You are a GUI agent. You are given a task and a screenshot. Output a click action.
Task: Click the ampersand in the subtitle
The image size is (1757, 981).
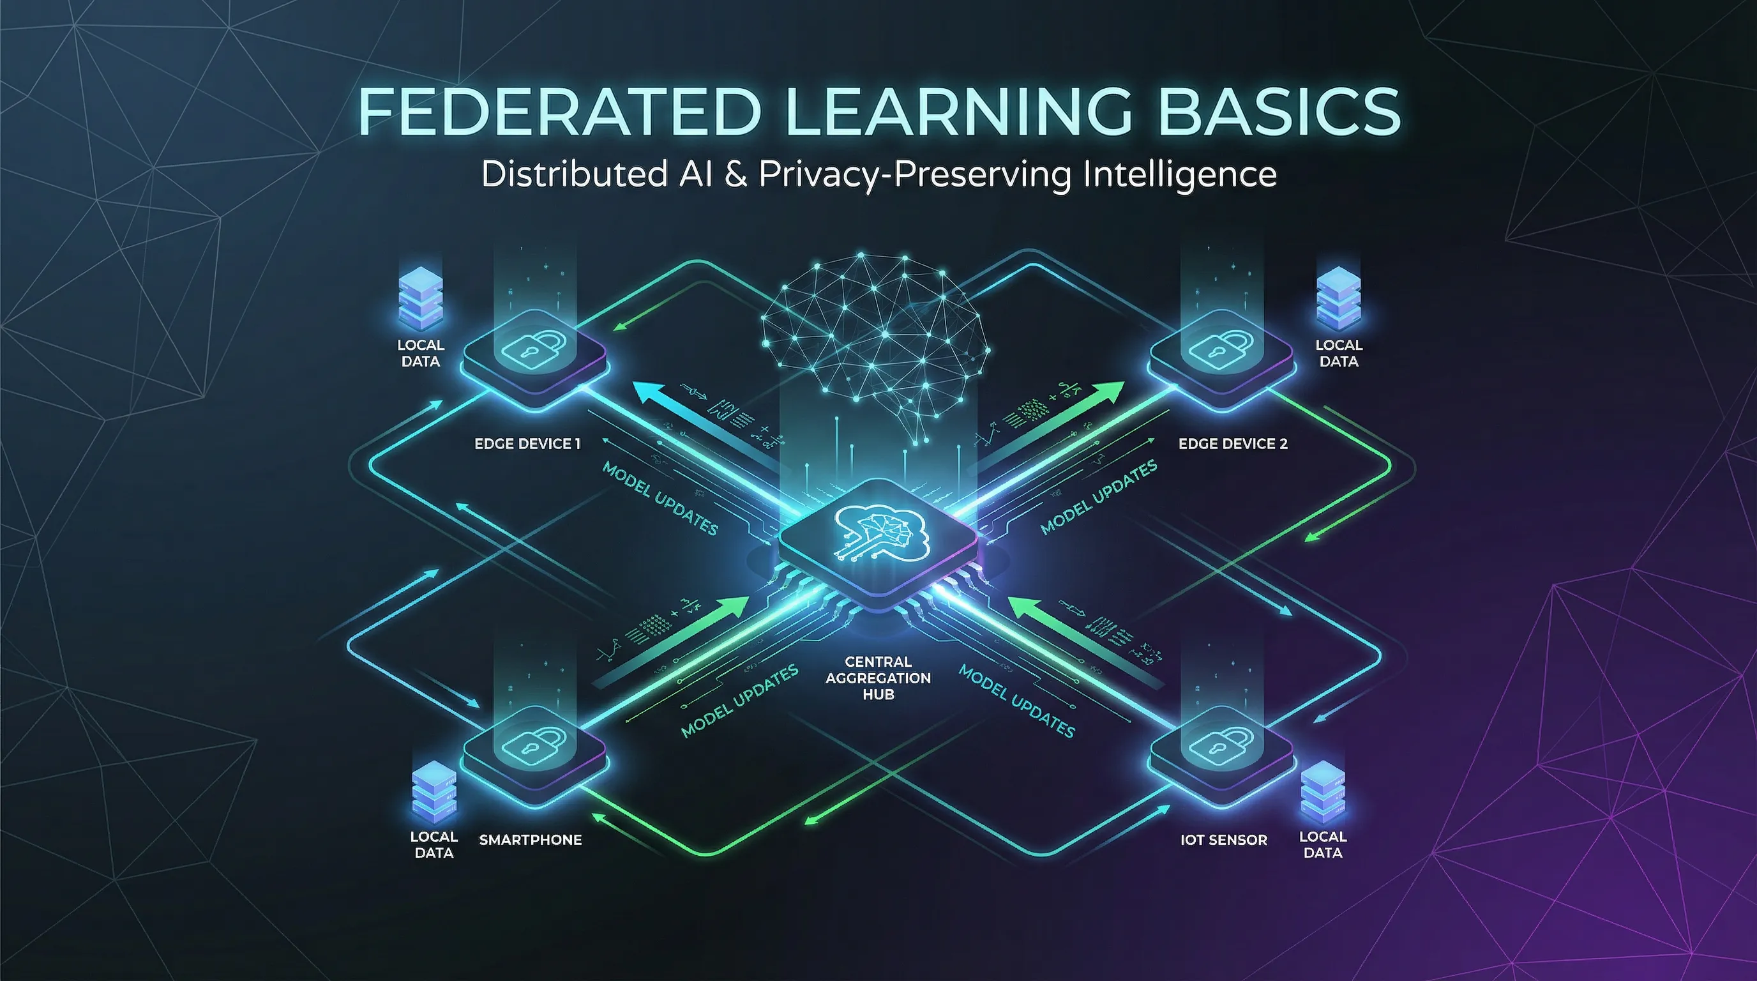click(735, 174)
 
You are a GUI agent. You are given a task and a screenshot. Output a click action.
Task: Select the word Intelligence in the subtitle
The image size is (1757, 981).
click(1180, 174)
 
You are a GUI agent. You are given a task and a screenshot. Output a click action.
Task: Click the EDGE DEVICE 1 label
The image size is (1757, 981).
click(527, 444)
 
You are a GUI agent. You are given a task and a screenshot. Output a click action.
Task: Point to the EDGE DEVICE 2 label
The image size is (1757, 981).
click(1232, 444)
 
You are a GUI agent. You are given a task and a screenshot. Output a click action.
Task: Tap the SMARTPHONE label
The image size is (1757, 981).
click(530, 840)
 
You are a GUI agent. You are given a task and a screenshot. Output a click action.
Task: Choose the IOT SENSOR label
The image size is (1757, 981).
click(1224, 840)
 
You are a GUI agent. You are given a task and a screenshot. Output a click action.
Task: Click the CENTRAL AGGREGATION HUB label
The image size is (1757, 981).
click(878, 678)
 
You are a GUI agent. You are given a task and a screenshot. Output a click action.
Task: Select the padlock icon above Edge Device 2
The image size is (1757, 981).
click(1220, 348)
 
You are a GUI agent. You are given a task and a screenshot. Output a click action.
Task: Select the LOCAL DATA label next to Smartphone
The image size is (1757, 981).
click(434, 844)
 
